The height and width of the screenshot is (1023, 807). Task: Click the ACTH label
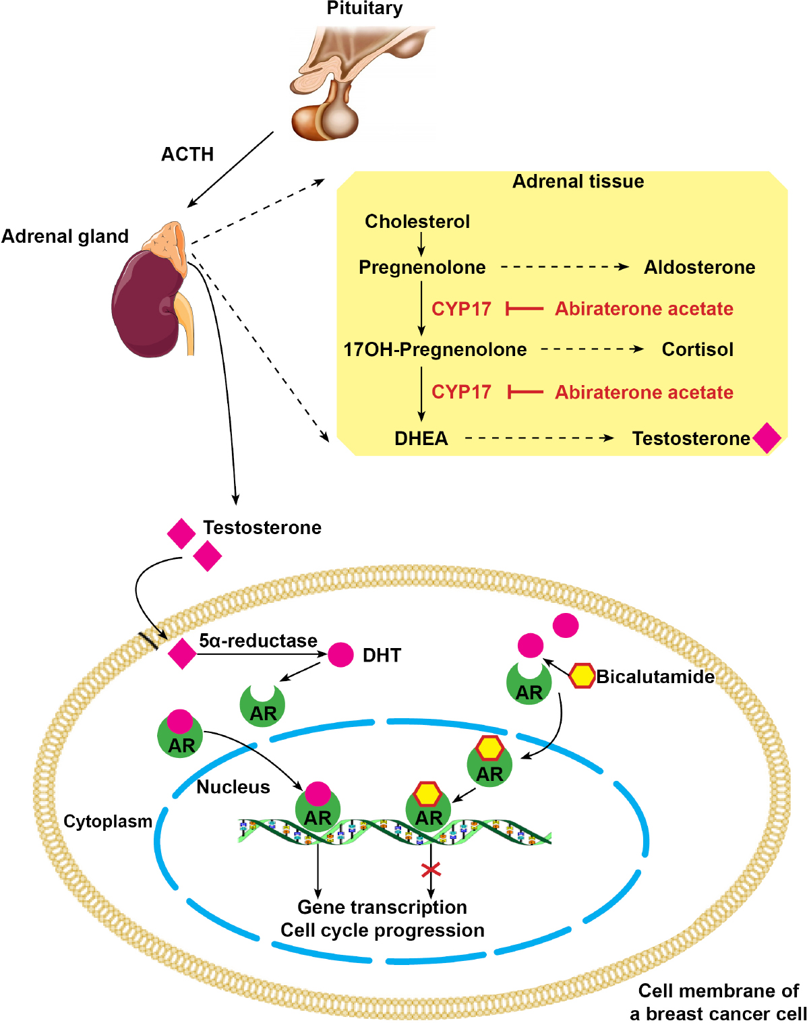(x=187, y=154)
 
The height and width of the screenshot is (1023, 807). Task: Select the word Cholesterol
(x=417, y=221)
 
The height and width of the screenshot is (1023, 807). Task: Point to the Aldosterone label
(x=699, y=267)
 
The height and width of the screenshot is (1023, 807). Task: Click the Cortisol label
(x=697, y=349)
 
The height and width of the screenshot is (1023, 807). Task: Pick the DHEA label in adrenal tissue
(x=421, y=438)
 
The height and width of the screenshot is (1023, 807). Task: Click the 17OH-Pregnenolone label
(x=435, y=349)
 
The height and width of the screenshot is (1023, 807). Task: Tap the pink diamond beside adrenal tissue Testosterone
(x=767, y=438)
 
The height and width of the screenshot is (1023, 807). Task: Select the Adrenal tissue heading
(x=578, y=181)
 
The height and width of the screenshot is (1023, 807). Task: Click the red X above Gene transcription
(x=431, y=869)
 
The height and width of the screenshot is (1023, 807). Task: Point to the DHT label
(x=382, y=655)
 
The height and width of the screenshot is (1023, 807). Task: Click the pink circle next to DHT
(x=340, y=655)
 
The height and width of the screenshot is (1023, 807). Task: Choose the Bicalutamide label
(x=655, y=676)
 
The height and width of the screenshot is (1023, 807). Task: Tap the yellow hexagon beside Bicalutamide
(x=582, y=676)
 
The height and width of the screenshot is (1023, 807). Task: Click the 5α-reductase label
(x=258, y=641)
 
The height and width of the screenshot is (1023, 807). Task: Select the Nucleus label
(x=233, y=787)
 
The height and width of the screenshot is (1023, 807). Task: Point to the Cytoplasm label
(x=108, y=821)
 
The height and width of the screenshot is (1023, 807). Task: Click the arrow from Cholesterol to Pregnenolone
(x=421, y=243)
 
